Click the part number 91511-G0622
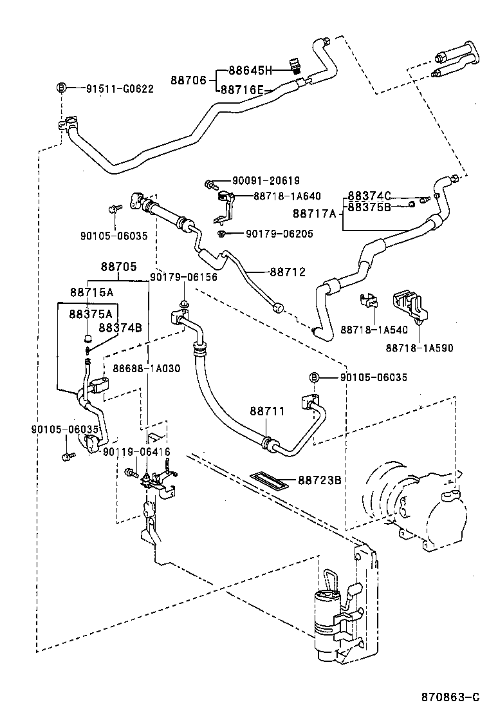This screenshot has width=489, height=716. tap(120, 89)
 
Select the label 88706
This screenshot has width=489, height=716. tap(188, 80)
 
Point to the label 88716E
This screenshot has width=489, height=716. tap(242, 90)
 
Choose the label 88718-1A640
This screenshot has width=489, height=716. tap(287, 196)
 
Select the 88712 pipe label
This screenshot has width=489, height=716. tap(287, 272)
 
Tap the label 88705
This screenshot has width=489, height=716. tap(118, 266)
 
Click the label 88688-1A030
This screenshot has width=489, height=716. tap(146, 368)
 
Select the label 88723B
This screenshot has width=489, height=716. tap(318, 479)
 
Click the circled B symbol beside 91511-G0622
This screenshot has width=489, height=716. tap(62, 88)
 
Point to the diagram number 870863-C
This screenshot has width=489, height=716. tap(450, 697)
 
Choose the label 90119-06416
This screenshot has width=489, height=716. tap(136, 452)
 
